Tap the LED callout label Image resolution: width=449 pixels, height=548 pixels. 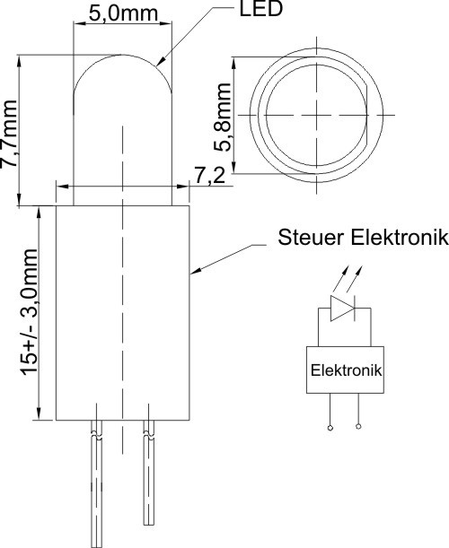pyautogui.click(x=260, y=9)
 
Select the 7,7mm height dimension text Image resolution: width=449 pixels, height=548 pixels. pyautogui.click(x=10, y=134)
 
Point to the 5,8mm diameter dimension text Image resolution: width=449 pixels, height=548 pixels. pyautogui.click(x=223, y=117)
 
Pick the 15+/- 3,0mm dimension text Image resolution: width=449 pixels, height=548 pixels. pyautogui.click(x=30, y=312)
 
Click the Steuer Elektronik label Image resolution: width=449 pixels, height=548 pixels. pyautogui.click(x=363, y=238)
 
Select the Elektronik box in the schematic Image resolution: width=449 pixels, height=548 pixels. pyautogui.click(x=345, y=370)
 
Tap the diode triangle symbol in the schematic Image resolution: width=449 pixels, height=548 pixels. pyautogui.click(x=342, y=309)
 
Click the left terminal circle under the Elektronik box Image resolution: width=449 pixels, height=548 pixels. pyautogui.click(x=330, y=428)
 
